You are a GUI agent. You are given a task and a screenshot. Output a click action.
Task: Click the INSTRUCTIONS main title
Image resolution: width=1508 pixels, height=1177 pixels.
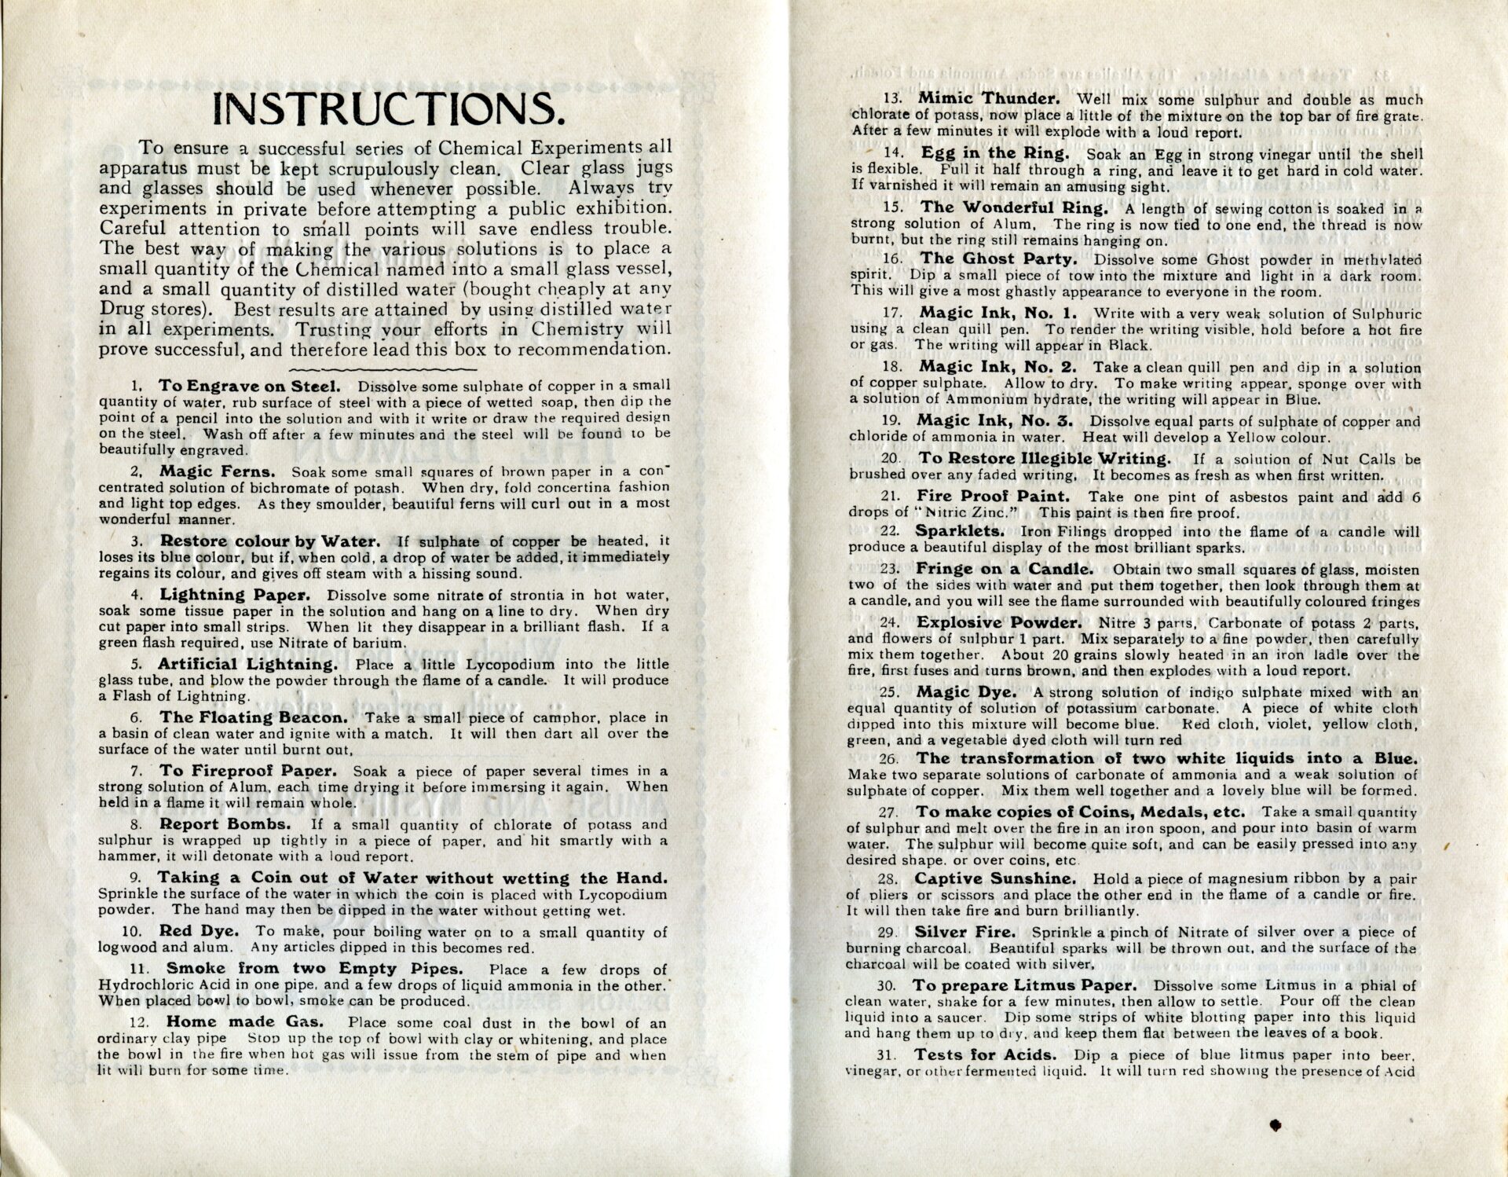click(x=390, y=109)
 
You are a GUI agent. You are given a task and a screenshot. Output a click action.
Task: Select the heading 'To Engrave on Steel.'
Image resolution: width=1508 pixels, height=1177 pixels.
click(x=250, y=386)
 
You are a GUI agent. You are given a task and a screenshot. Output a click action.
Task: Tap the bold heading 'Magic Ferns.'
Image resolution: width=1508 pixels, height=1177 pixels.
click(x=218, y=471)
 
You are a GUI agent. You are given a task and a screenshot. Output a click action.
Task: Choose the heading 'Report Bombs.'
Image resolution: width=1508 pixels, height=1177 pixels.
click(x=225, y=824)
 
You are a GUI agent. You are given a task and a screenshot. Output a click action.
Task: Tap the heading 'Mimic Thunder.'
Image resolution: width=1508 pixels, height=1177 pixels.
click(x=989, y=99)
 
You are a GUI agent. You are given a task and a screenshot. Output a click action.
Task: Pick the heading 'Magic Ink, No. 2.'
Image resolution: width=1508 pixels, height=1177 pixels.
click(x=997, y=367)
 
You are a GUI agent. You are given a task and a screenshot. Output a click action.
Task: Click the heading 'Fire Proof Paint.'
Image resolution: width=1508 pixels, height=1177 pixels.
click(x=993, y=497)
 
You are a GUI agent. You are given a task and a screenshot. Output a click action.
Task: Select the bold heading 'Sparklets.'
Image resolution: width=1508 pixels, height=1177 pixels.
click(x=959, y=531)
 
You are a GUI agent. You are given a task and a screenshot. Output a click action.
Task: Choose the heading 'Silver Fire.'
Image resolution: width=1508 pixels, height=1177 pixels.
click(x=964, y=932)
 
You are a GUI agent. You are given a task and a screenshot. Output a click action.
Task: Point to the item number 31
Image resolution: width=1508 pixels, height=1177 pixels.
click(x=891, y=1054)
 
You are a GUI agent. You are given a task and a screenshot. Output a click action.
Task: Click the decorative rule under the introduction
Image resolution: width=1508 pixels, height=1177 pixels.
click(x=383, y=368)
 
